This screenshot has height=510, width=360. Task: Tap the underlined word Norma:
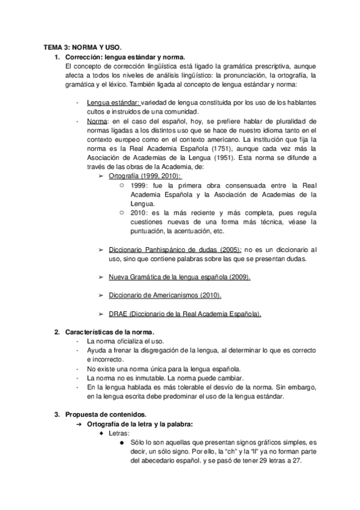[98, 121]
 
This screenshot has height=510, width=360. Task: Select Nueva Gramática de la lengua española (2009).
[180, 277]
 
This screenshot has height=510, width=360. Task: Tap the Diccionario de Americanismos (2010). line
[165, 295]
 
